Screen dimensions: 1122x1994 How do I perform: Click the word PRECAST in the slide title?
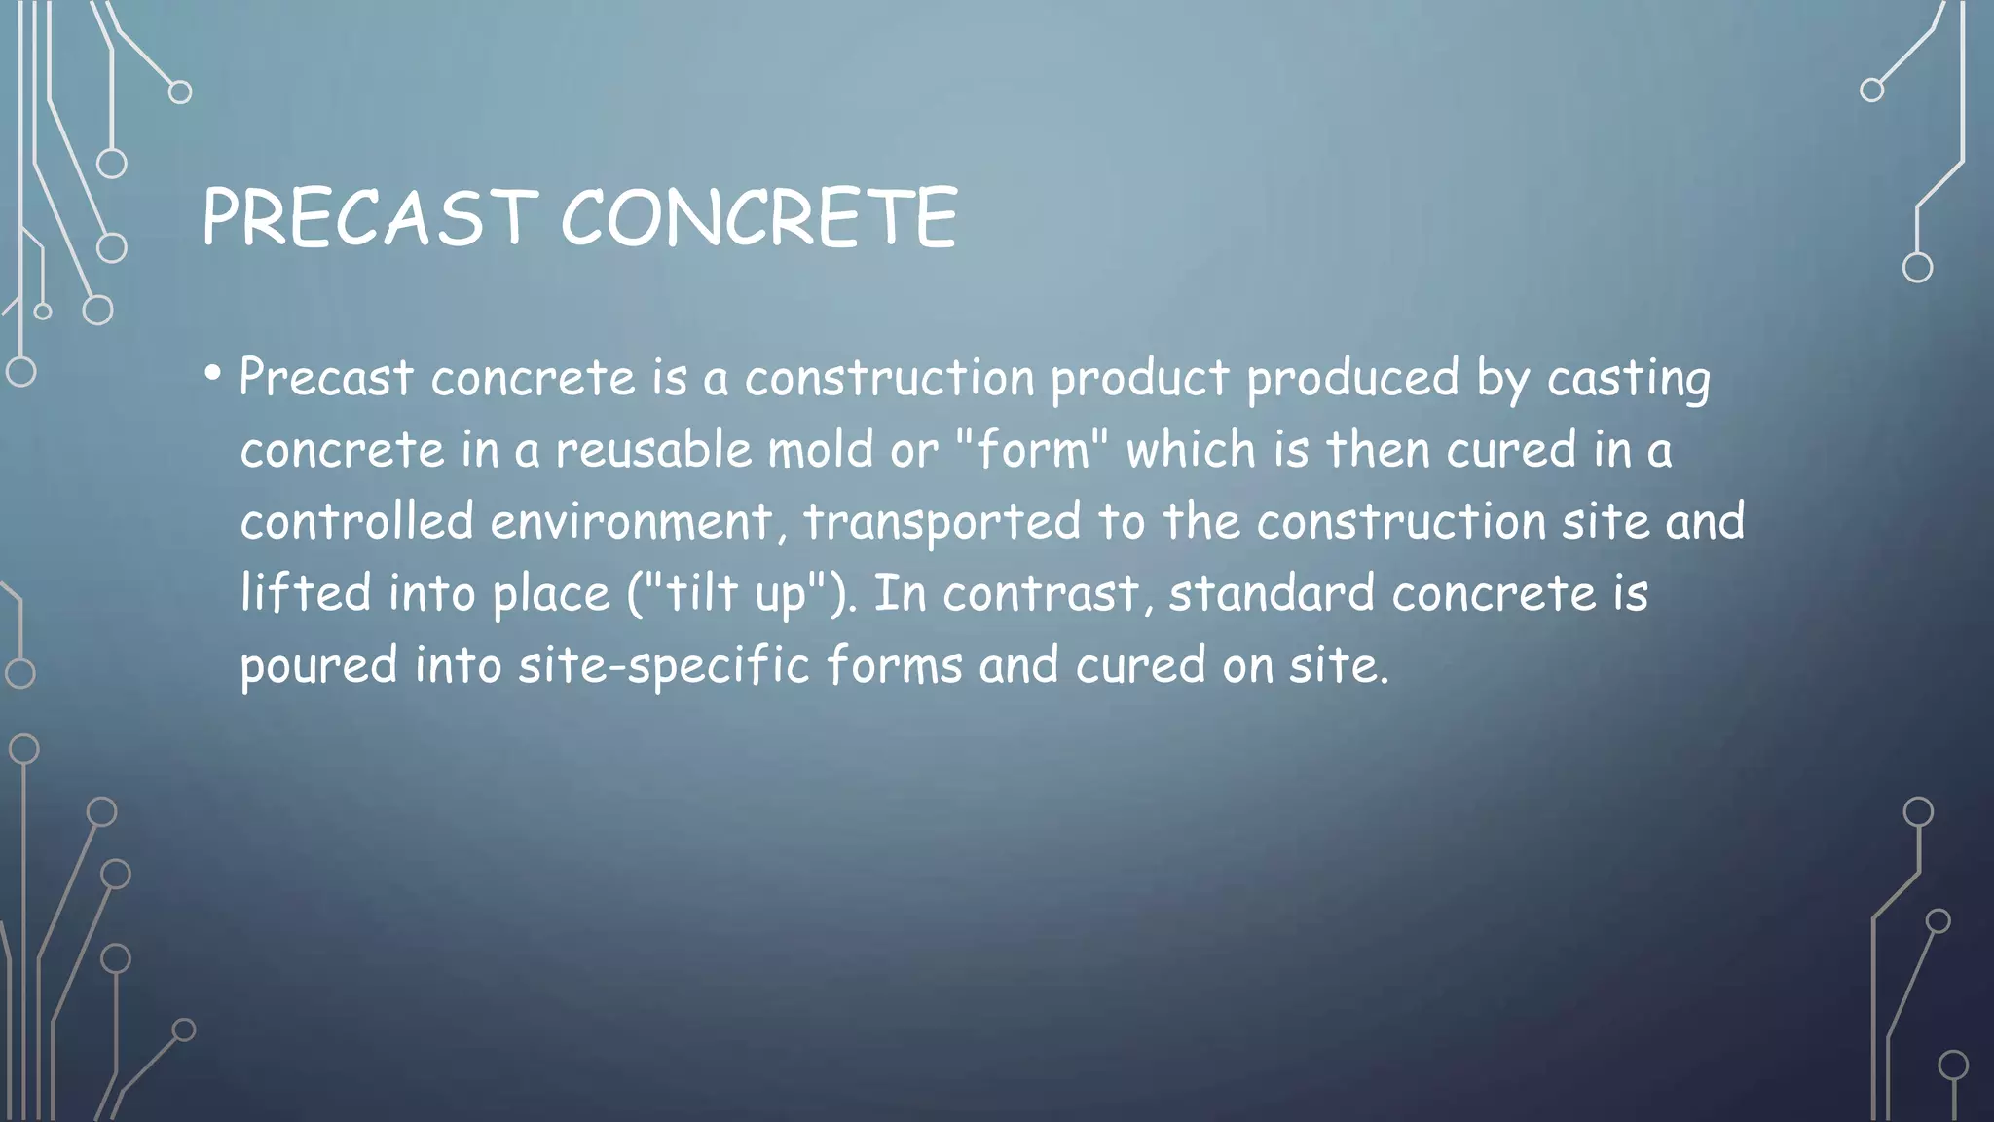(x=369, y=217)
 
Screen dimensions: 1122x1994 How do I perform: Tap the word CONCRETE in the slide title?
(x=759, y=217)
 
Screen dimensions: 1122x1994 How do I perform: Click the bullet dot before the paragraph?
(x=213, y=374)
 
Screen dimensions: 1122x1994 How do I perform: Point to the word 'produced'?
(x=1352, y=378)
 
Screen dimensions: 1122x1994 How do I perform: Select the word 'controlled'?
(x=356, y=521)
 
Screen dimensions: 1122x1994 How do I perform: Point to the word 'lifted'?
(x=306, y=592)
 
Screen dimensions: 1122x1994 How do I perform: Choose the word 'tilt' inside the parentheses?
(x=700, y=592)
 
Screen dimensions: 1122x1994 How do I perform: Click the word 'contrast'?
(x=1040, y=593)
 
